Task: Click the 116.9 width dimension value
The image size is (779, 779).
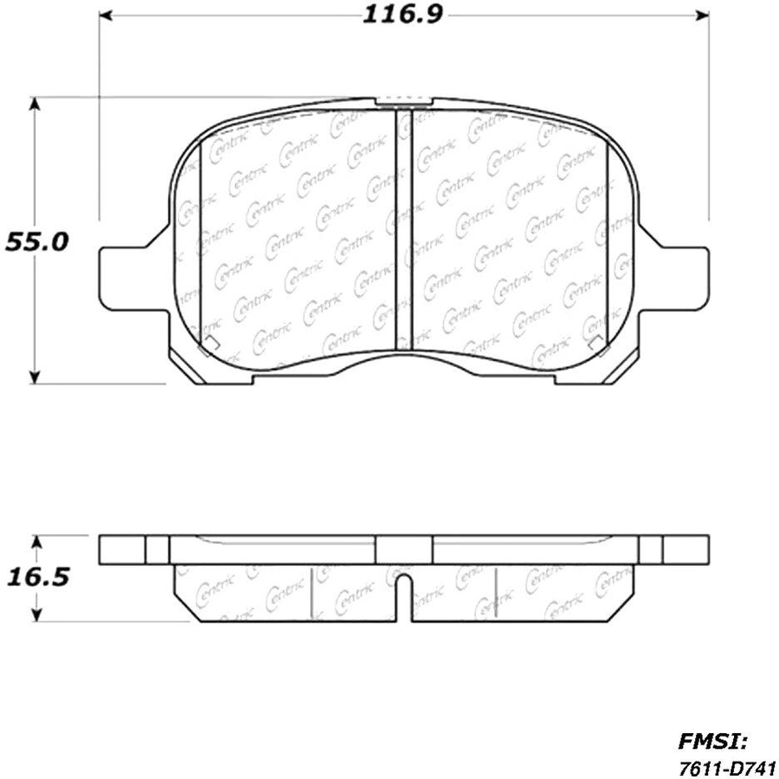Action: (x=402, y=15)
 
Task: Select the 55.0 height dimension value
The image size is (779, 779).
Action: (x=36, y=242)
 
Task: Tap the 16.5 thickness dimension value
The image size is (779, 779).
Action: (x=38, y=577)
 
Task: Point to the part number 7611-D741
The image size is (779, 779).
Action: (x=729, y=766)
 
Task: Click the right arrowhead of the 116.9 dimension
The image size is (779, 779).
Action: (x=701, y=16)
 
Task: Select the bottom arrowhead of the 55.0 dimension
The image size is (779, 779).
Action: (x=34, y=377)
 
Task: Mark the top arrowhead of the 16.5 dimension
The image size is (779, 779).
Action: (x=35, y=543)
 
